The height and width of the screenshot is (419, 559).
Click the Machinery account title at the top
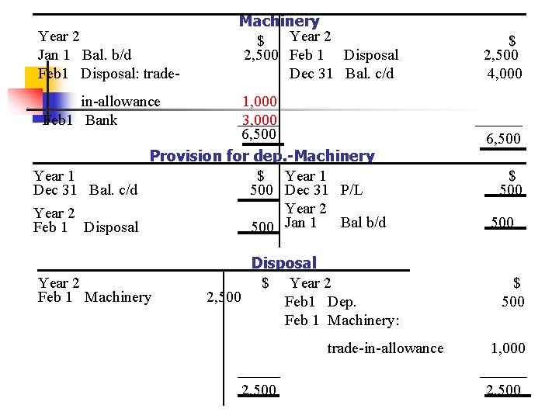point(279,21)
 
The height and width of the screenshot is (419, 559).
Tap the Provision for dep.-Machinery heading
point(262,155)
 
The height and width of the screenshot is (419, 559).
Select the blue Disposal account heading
point(283,264)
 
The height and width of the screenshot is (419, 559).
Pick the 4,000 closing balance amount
point(505,74)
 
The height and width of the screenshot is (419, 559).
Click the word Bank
point(101,119)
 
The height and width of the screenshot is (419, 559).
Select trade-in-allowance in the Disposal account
point(385,348)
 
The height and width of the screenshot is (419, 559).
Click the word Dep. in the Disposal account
point(342,301)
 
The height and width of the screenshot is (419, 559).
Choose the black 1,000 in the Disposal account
point(509,348)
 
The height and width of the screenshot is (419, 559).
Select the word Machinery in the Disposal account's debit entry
point(118,296)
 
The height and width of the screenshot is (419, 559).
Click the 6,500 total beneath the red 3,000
point(259,136)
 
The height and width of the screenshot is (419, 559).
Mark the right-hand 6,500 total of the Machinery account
point(503,139)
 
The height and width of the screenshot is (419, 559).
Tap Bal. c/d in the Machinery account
point(370,74)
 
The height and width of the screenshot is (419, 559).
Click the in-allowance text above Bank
point(120,102)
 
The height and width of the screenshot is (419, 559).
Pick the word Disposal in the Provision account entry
point(111,227)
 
